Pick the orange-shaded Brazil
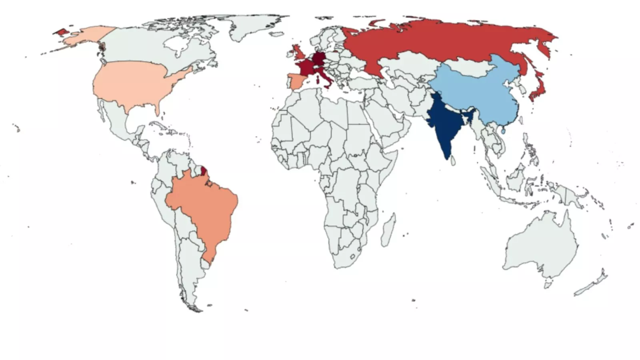pyautogui.click(x=204, y=208)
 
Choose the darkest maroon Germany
pyautogui.click(x=319, y=58)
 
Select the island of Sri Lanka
pyautogui.click(x=453, y=160)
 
